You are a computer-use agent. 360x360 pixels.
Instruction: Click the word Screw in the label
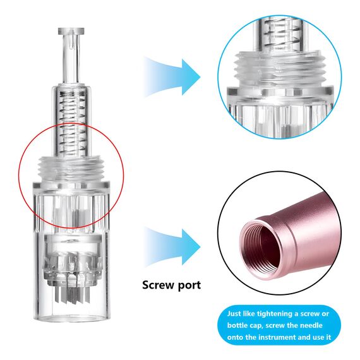[x=157, y=285]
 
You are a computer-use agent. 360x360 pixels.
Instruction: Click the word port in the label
[x=189, y=285]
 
